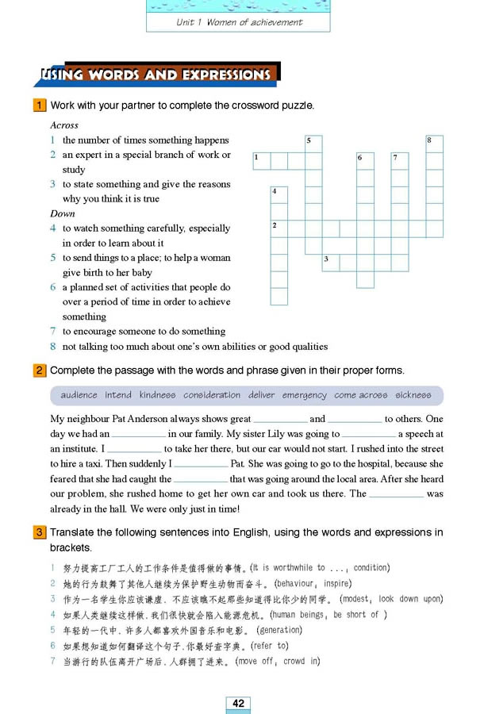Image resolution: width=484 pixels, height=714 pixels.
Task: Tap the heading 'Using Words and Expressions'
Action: [x=156, y=75]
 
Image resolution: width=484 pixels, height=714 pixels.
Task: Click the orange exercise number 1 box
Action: [x=38, y=106]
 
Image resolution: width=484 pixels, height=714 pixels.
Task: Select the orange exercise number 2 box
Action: [x=38, y=370]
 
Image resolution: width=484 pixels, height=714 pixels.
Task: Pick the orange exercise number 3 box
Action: [x=38, y=532]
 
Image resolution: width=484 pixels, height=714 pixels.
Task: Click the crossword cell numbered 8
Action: [x=434, y=144]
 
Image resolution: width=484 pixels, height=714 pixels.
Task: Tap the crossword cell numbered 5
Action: [x=313, y=144]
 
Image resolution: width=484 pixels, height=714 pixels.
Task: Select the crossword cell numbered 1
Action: [x=261, y=161]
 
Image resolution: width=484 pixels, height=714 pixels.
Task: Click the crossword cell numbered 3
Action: [x=330, y=262]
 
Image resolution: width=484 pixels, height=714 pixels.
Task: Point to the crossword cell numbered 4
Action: [x=278, y=195]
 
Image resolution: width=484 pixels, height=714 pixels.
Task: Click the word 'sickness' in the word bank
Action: [x=413, y=395]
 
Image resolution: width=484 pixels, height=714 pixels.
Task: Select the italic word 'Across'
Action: [x=64, y=125]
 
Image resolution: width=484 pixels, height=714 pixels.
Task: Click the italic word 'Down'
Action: [x=63, y=213]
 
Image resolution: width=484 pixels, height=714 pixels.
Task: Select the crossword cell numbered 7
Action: [x=400, y=161]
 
